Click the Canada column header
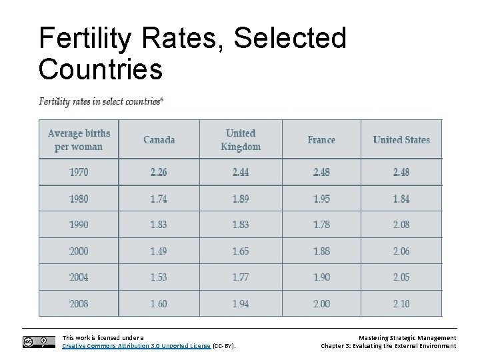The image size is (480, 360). (159, 139)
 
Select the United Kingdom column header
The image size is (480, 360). (241, 139)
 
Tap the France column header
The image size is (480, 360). (321, 139)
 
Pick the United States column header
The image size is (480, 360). (401, 139)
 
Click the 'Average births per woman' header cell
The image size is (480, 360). (79, 139)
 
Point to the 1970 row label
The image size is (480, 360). (79, 172)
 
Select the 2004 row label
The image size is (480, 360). (79, 277)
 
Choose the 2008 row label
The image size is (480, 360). (79, 303)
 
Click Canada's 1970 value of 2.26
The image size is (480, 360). (159, 172)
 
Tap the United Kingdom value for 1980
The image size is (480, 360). (241, 199)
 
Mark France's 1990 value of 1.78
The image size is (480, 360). (321, 225)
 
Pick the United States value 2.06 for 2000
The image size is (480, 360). (401, 251)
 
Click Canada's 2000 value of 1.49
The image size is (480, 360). (159, 251)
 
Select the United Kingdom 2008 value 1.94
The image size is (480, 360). (241, 303)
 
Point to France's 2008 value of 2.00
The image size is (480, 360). (321, 303)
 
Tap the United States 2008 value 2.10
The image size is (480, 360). (401, 303)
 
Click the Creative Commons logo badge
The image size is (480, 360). (38, 342)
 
